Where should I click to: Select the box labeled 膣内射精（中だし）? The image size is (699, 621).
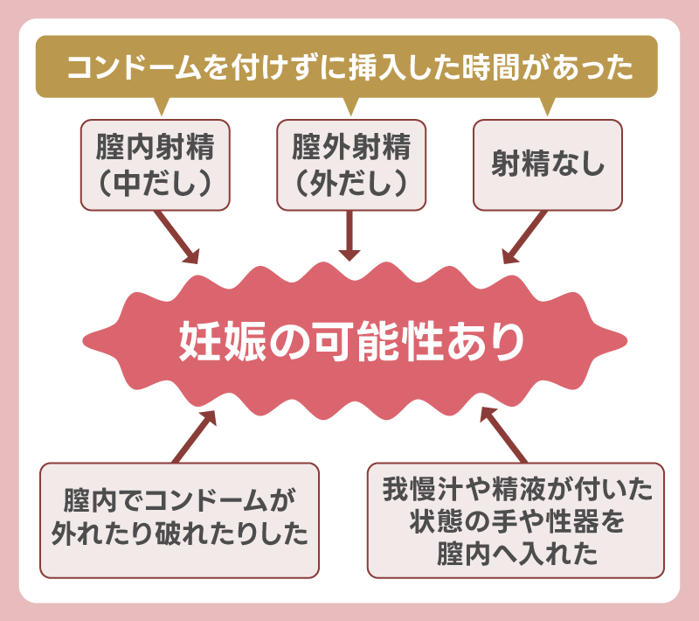pyautogui.click(x=155, y=164)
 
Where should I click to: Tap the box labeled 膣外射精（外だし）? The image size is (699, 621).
pyautogui.click(x=350, y=164)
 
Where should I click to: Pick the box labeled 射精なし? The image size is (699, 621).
pyautogui.click(x=548, y=164)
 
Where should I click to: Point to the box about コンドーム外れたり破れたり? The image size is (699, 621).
pyautogui.click(x=180, y=519)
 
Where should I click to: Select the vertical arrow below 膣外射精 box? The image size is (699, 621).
pyautogui.click(x=349, y=234)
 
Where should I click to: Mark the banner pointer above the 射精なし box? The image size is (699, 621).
pyautogui.click(x=548, y=106)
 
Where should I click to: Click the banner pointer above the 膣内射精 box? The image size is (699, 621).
pyautogui.click(x=158, y=106)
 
